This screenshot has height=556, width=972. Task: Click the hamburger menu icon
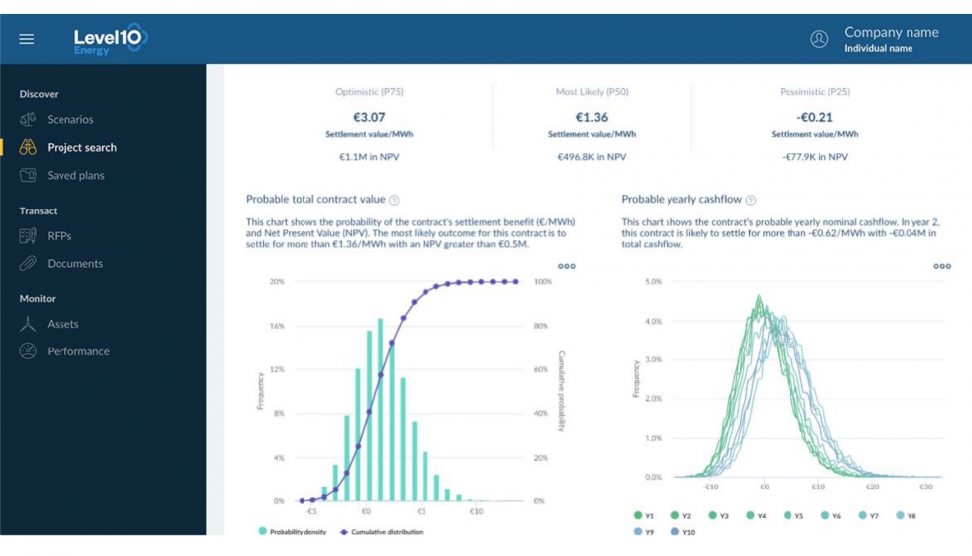point(27,39)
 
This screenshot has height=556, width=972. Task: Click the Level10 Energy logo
point(109,39)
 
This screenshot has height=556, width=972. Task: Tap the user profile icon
point(819,39)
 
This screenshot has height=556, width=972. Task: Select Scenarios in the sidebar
point(69,120)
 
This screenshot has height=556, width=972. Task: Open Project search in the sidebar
point(81,148)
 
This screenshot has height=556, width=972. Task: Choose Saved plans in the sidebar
point(75,176)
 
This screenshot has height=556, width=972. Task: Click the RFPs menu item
point(59,236)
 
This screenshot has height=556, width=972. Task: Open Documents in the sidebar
point(74,264)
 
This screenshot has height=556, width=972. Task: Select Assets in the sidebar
point(62,324)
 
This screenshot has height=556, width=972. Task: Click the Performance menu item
point(77,351)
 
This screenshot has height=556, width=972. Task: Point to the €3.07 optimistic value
point(369,117)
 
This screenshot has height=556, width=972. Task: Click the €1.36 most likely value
point(592,117)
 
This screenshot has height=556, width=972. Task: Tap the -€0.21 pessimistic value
point(814,117)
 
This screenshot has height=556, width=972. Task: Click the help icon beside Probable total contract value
point(394,200)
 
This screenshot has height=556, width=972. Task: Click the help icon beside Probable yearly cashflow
point(750,200)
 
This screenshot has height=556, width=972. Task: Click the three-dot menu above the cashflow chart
point(941,266)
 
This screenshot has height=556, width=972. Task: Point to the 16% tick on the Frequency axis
point(277,326)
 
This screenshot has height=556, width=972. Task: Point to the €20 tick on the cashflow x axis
point(872,487)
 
